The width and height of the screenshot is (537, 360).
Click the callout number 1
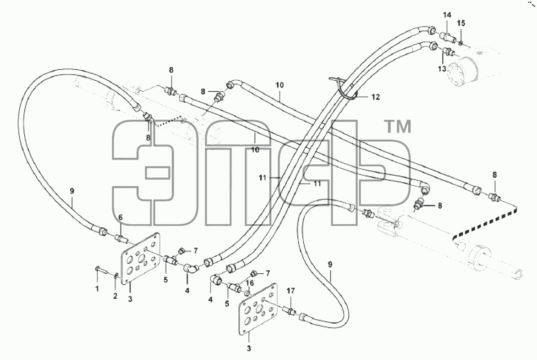(97, 288)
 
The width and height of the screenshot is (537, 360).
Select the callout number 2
(115, 295)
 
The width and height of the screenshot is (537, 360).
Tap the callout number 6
(120, 217)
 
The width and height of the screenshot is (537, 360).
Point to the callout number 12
(376, 97)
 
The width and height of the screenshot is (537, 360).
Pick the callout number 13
(442, 69)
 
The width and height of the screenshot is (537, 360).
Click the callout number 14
(447, 15)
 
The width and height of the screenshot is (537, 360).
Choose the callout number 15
(461, 23)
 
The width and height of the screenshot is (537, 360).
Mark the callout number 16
(250, 283)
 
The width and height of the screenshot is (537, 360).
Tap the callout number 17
(290, 291)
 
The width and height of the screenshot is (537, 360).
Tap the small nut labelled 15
(461, 43)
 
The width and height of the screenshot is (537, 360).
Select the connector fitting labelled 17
(290, 311)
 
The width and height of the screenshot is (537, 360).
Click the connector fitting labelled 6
(120, 237)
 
